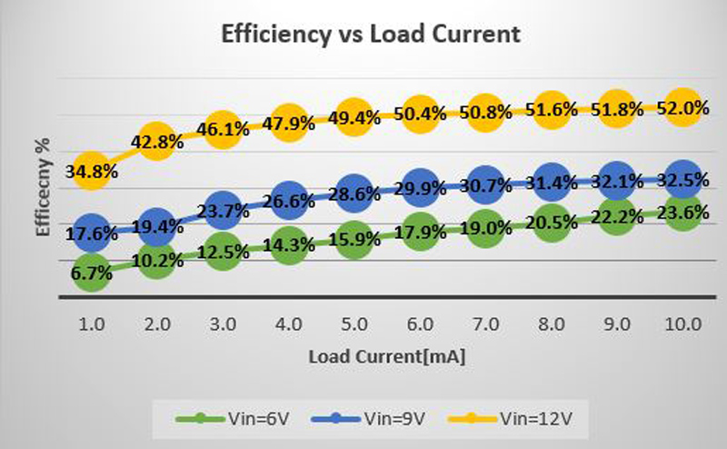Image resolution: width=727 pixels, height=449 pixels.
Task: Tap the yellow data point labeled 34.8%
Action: point(91,170)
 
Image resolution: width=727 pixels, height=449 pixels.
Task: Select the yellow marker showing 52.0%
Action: point(682,108)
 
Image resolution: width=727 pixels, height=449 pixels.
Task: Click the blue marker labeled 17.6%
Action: point(91,234)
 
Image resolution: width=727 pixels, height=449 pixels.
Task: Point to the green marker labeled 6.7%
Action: point(91,272)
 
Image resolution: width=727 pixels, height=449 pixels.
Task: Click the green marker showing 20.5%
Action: point(551,224)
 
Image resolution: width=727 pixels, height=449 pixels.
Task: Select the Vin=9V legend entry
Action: point(369,421)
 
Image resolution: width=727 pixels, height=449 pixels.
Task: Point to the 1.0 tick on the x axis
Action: point(91,324)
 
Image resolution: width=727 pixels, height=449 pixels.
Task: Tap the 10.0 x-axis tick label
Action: point(682,324)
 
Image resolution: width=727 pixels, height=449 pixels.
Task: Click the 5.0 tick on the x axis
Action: point(354,324)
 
